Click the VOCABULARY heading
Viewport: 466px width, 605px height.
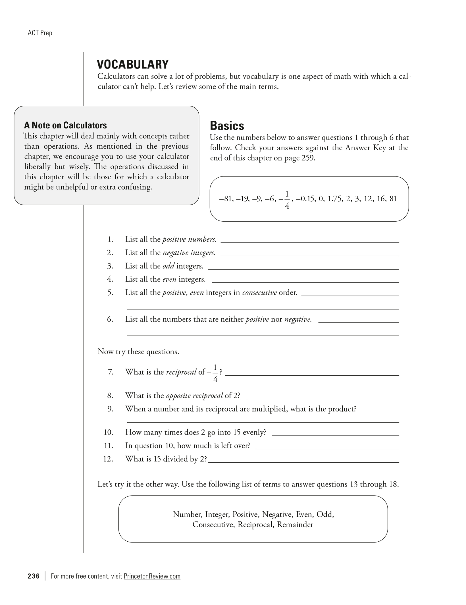pos(133,65)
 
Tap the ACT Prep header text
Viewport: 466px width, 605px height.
pos(40,33)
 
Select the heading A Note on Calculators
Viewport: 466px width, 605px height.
pos(65,125)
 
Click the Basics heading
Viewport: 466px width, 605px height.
pos(227,126)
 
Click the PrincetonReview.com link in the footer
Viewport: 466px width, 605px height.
pos(152,576)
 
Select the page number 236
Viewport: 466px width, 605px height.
pos(34,576)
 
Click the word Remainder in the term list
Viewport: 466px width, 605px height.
pos(295,525)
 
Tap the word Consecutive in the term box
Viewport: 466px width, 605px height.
pos(213,525)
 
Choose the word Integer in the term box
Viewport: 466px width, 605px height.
pos(217,514)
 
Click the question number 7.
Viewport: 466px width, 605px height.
pos(110,372)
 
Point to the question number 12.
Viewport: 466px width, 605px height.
pos(108,459)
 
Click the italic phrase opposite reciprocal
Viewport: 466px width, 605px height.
pos(194,396)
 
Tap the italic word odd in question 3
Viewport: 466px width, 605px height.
pos(168,266)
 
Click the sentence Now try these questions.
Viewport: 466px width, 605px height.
pos(138,352)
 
